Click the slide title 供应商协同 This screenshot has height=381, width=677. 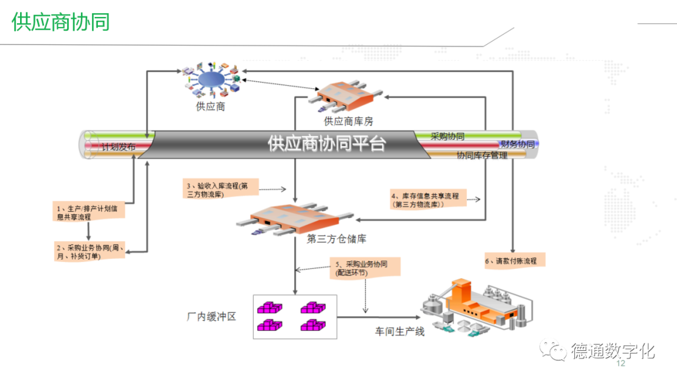61,22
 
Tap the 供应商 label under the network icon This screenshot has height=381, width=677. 211,107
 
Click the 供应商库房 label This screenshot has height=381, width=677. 348,121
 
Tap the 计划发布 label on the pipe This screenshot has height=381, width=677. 118,149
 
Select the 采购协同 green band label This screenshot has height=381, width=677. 448,136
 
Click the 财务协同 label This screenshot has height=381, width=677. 517,145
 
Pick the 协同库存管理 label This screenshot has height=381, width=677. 482,155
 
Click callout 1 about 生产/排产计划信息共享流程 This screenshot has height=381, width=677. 88,211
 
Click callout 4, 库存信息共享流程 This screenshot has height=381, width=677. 426,200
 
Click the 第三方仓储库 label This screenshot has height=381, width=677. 337,239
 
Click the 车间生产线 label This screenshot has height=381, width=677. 400,331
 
